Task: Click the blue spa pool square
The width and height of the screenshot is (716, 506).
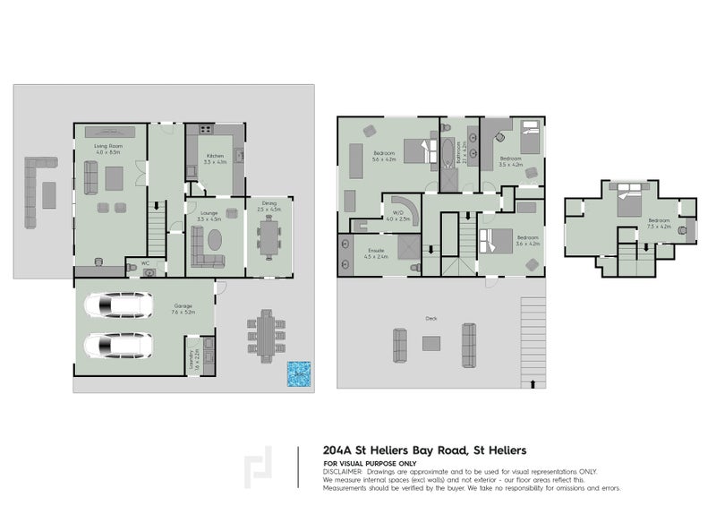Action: (297, 374)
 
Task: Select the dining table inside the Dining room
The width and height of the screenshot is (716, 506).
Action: (268, 238)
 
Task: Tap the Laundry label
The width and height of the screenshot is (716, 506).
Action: (192, 361)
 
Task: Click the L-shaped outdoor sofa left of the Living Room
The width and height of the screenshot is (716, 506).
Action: (36, 191)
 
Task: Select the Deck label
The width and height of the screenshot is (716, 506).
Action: (430, 319)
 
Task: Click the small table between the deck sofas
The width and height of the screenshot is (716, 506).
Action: (431, 342)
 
